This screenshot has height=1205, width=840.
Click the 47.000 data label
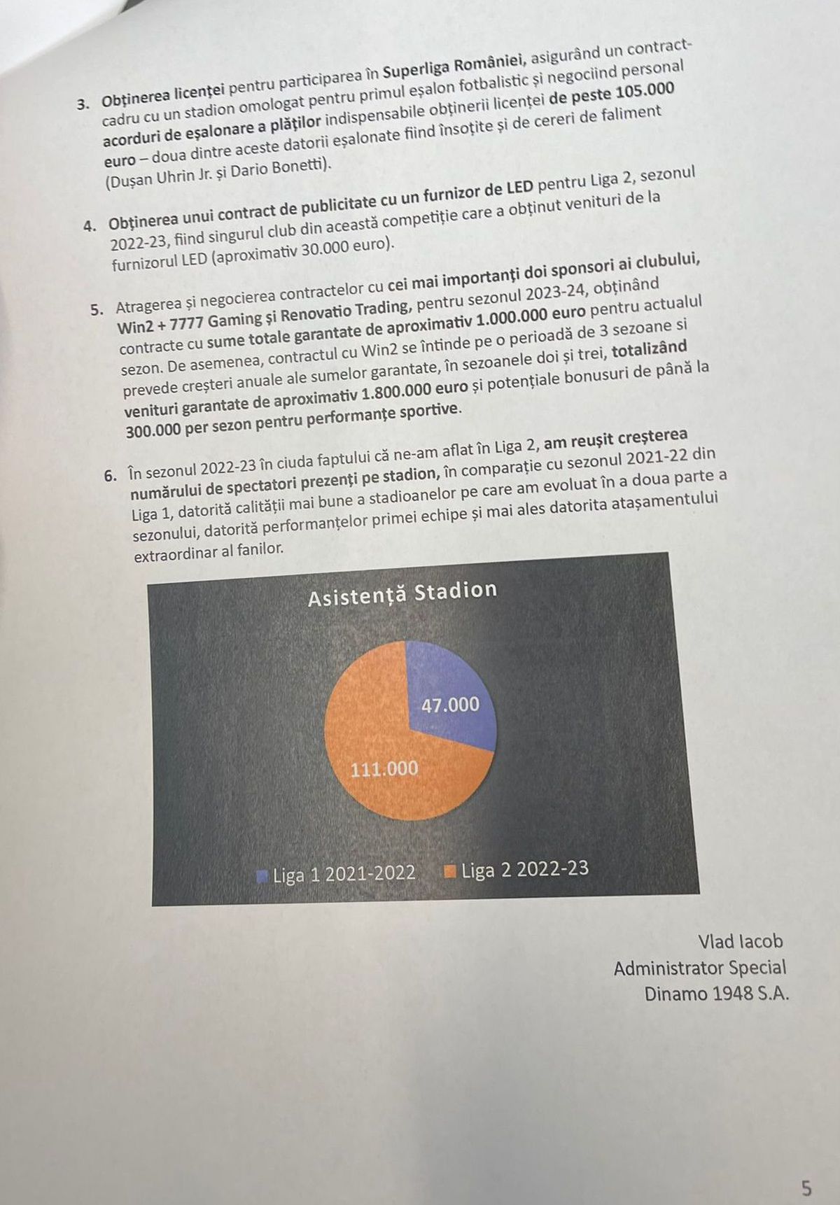pyautogui.click(x=450, y=705)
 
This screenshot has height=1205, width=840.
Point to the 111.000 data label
pyautogui.click(x=384, y=769)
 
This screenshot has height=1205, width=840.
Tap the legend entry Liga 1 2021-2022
pyautogui.click(x=337, y=874)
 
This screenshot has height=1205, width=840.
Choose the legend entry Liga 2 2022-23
pyautogui.click(x=517, y=870)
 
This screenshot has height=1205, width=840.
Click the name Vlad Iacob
pyautogui.click(x=741, y=942)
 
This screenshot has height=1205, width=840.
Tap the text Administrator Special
pyautogui.click(x=700, y=968)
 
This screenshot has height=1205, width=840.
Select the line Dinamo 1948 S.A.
pyautogui.click(x=717, y=994)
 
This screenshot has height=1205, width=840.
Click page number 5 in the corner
pyautogui.click(x=807, y=1169)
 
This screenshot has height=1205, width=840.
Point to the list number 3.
pyautogui.click(x=83, y=105)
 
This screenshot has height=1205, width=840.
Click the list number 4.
pyautogui.click(x=89, y=226)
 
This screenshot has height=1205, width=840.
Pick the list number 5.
pyautogui.click(x=97, y=310)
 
